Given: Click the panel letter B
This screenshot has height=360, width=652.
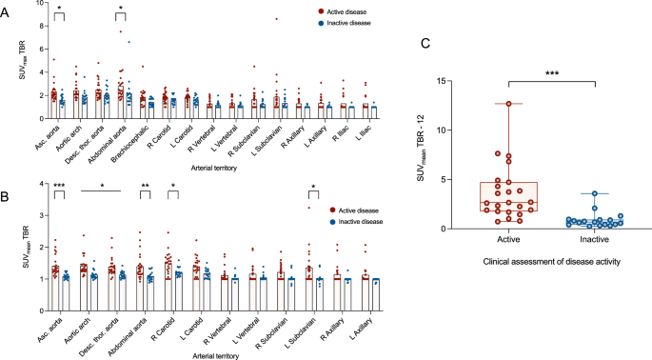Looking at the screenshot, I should pyautogui.click(x=7, y=177).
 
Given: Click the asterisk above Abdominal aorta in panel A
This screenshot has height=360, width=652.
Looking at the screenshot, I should pyautogui.click(x=121, y=9).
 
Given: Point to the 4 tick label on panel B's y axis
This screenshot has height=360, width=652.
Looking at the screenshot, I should pyautogui.click(x=39, y=183).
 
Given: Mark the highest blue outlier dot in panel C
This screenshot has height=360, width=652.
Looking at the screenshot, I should pyautogui.click(x=596, y=194).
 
